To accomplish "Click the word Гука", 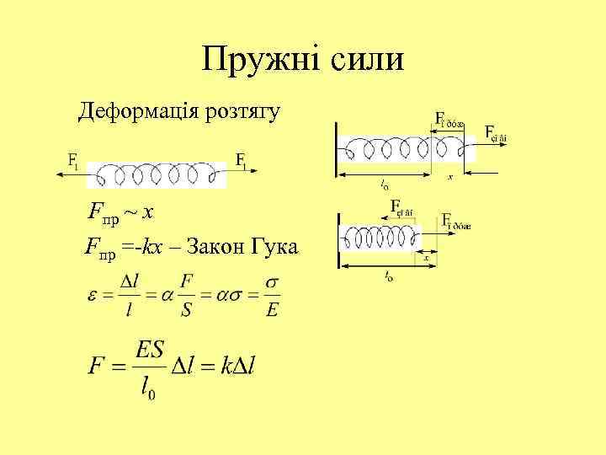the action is (280, 247).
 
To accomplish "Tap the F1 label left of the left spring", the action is (73, 160).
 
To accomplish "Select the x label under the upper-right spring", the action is (451, 178).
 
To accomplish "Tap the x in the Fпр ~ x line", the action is (146, 211).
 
